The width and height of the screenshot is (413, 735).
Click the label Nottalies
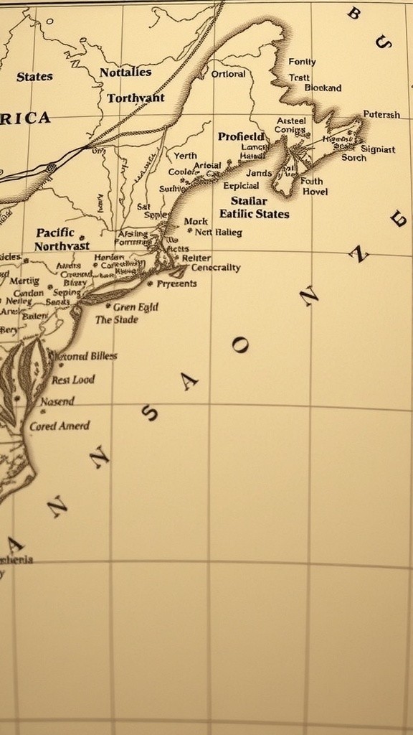(125, 72)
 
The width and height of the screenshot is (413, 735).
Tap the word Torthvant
(136, 98)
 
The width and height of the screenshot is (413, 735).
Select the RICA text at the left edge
(25, 118)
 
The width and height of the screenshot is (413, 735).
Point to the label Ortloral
(229, 73)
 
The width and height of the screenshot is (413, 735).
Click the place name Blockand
(323, 88)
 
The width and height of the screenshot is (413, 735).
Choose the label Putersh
(381, 114)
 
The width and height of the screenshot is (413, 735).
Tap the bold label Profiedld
(241, 136)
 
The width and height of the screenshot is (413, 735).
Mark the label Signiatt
(377, 149)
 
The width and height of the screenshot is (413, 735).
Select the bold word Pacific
(55, 232)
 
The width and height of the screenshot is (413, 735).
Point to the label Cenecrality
(216, 268)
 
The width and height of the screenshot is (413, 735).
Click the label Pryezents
(176, 284)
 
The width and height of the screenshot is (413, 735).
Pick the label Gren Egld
(136, 306)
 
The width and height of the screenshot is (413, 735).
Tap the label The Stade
(117, 319)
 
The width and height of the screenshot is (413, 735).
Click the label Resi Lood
(72, 380)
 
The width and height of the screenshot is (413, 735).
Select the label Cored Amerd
(60, 426)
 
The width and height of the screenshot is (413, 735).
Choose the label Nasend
(57, 402)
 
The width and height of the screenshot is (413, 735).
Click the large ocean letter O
(240, 346)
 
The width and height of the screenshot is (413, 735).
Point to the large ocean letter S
(150, 413)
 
